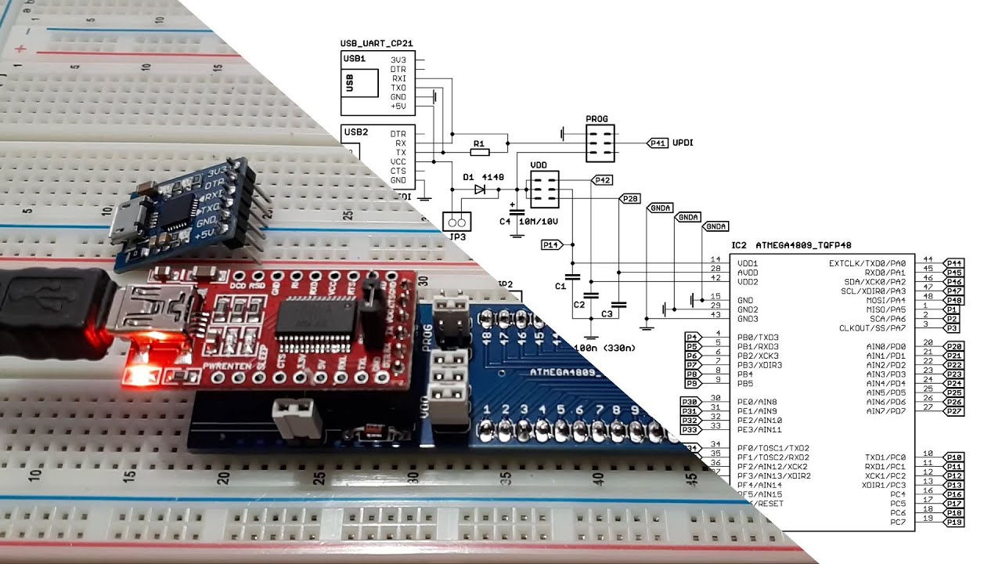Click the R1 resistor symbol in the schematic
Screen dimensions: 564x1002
click(480, 144)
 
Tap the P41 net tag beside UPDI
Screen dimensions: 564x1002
click(658, 143)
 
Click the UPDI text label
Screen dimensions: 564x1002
click(683, 143)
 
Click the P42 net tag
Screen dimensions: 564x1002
click(602, 180)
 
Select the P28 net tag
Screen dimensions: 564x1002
click(629, 199)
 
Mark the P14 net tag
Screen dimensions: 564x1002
click(551, 245)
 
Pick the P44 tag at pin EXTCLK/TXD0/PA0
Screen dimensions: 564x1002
click(953, 263)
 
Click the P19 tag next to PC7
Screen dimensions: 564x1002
click(953, 522)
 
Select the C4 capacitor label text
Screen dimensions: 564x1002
click(505, 222)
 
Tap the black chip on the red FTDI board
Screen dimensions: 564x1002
click(316, 316)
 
